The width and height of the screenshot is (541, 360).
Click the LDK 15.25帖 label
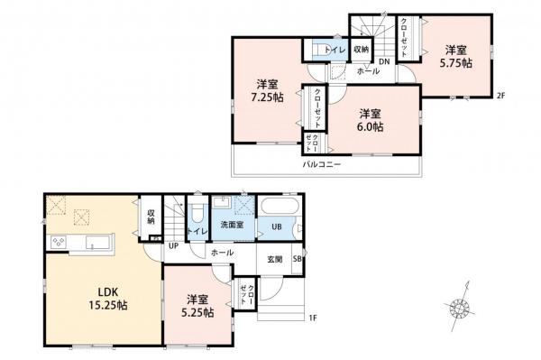coord(107,299)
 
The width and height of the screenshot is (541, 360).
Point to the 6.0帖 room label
coord(368,120)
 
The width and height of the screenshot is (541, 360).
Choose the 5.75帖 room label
coord(455,58)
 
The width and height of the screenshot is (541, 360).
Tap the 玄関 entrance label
coord(275,259)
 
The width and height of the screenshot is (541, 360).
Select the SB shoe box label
coord(297,259)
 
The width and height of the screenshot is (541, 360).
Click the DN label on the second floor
coord(384,61)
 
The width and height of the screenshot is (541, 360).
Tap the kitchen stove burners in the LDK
coord(60,241)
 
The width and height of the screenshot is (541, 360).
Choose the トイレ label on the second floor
coord(332,49)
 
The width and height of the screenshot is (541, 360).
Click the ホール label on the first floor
coord(223,254)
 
